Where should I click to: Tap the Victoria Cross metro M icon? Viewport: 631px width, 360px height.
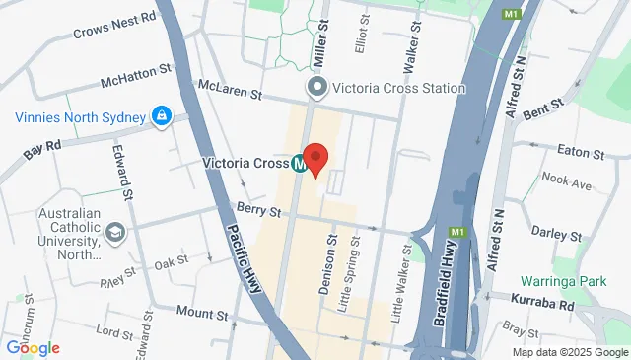pyautogui.click(x=298, y=163)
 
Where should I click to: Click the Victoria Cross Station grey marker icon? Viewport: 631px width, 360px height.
pyautogui.click(x=317, y=89)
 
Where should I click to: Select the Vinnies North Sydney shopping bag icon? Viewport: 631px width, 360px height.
pyautogui.click(x=160, y=117)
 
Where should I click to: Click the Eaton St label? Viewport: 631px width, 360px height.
pyautogui.click(x=580, y=154)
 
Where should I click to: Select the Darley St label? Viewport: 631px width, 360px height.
pyautogui.click(x=556, y=234)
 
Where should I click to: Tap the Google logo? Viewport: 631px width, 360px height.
pyautogui.click(x=33, y=347)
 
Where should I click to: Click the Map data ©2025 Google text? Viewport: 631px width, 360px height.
pyautogui.click(x=570, y=352)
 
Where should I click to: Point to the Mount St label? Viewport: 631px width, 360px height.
pyautogui.click(x=202, y=313)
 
